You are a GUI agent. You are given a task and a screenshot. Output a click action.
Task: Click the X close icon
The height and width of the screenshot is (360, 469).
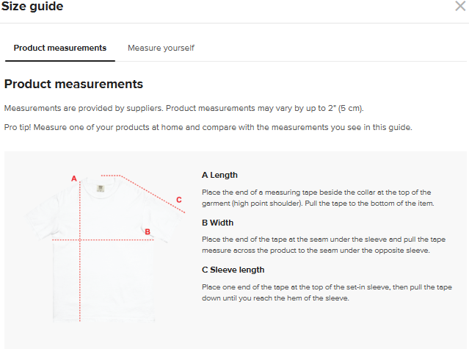click(x=460, y=6)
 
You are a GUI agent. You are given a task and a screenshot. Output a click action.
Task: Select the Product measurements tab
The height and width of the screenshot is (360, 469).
click(x=60, y=48)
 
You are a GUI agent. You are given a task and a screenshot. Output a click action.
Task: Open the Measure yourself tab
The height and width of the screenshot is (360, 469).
click(x=161, y=48)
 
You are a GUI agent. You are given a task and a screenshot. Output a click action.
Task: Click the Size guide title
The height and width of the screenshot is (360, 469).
click(x=32, y=7)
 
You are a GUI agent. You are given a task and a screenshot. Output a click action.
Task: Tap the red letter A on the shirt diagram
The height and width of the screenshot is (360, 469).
click(x=74, y=179)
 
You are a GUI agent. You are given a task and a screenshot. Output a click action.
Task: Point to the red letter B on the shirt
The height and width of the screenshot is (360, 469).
click(x=148, y=232)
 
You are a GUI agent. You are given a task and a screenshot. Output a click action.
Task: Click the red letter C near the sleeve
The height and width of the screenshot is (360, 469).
click(x=179, y=200)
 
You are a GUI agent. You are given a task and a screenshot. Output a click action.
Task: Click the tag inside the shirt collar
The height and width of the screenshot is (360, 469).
click(x=101, y=188)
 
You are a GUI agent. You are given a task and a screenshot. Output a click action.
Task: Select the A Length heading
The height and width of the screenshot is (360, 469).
click(x=219, y=175)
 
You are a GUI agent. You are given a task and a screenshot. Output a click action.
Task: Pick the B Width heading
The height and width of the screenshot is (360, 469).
click(x=217, y=223)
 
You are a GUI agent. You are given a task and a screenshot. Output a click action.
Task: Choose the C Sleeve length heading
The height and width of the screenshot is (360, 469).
click(x=233, y=270)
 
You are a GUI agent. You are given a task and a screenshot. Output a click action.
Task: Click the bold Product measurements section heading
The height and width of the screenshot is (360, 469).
click(x=73, y=84)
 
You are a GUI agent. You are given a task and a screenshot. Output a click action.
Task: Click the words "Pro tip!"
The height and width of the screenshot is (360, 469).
click(x=18, y=127)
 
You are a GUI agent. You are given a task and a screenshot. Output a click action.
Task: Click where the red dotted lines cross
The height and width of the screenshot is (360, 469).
click(x=80, y=240)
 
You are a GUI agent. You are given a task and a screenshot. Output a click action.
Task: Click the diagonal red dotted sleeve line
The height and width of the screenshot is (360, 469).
click(x=153, y=194)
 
